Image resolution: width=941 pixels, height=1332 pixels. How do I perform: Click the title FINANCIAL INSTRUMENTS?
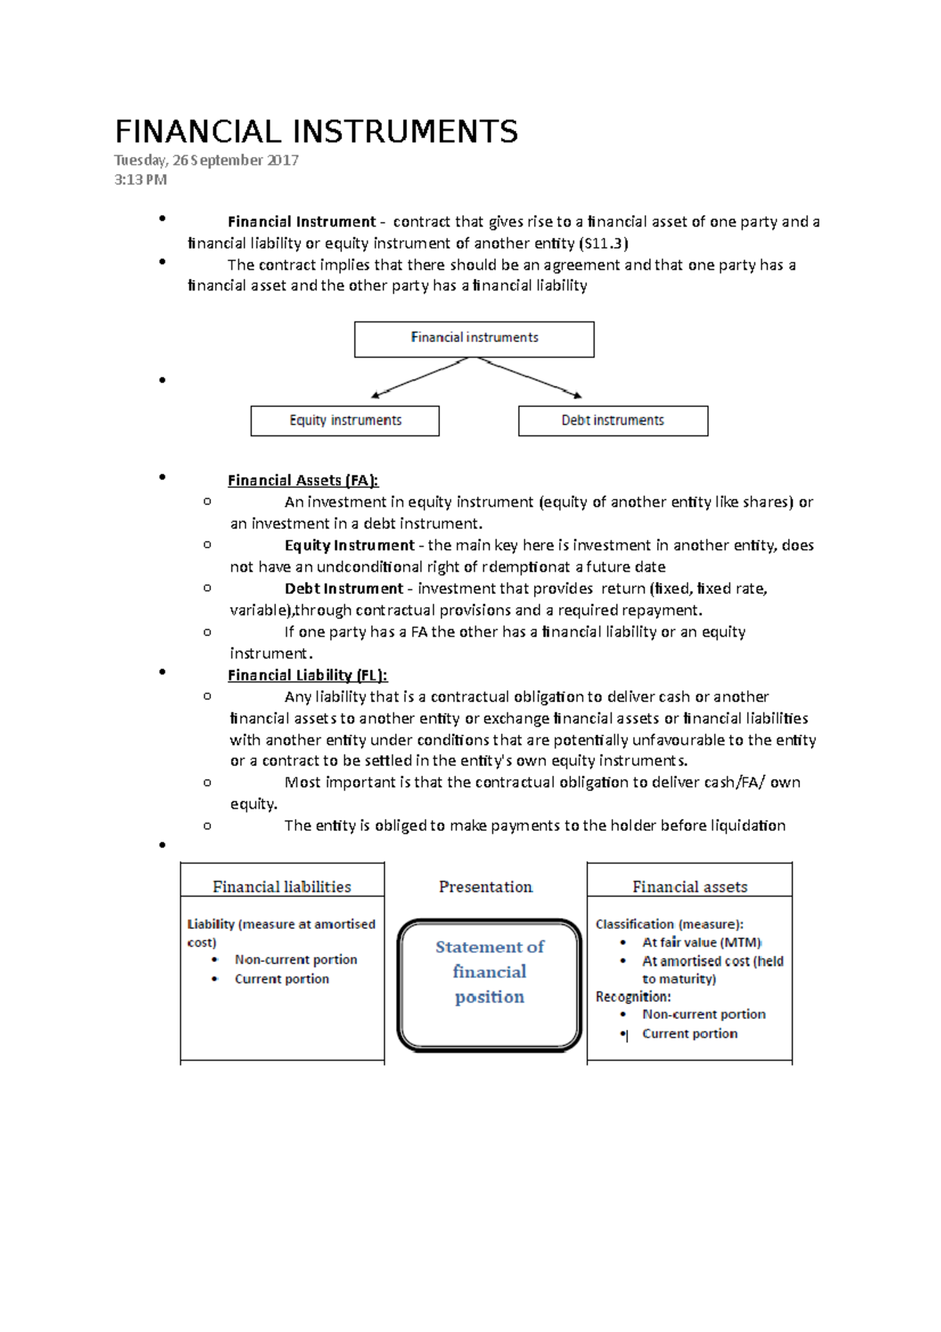tap(316, 132)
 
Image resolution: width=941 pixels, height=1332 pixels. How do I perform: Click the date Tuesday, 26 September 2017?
tap(206, 160)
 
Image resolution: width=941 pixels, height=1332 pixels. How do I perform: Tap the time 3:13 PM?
tap(140, 180)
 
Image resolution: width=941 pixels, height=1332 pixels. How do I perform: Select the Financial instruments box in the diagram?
tap(474, 339)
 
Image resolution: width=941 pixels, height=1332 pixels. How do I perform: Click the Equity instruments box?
tap(345, 420)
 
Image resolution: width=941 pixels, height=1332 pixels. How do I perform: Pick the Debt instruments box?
tap(612, 420)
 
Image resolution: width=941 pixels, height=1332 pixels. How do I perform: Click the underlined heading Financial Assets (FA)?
tap(303, 480)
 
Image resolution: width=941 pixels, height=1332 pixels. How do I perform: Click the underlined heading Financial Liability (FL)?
tap(307, 675)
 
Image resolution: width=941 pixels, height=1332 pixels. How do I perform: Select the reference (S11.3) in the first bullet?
tap(603, 243)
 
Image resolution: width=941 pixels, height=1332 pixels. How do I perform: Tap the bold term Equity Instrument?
tap(349, 545)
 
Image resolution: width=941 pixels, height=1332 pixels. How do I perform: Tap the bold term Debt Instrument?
tap(343, 588)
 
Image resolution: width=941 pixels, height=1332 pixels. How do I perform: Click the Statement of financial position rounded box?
tap(489, 984)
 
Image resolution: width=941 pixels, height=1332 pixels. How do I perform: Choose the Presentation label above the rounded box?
tap(485, 886)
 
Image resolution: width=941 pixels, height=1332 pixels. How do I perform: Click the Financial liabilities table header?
tap(282, 886)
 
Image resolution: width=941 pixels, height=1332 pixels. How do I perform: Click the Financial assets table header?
tap(689, 886)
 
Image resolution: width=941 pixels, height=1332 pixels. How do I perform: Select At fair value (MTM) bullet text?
tap(702, 942)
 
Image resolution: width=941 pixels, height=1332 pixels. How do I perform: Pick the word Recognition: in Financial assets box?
tap(633, 996)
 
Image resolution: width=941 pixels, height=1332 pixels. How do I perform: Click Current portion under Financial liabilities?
tap(282, 979)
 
